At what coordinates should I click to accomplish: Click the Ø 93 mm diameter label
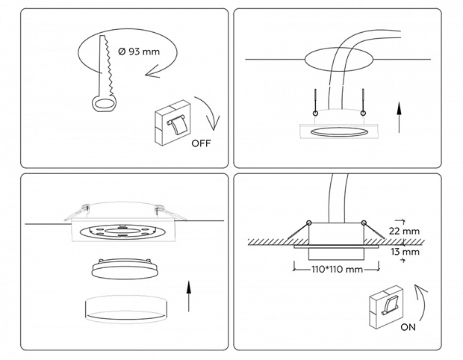pyautogui.click(x=138, y=52)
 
